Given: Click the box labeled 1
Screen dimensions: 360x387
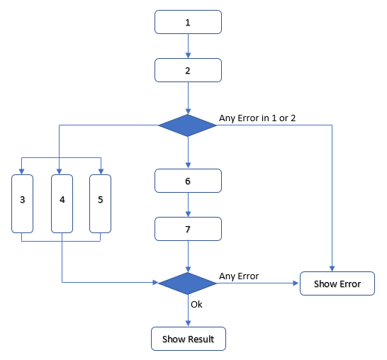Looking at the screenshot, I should (x=188, y=22).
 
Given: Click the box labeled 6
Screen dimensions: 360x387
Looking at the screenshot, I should (x=188, y=181).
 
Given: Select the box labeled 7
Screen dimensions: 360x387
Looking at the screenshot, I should (x=188, y=229).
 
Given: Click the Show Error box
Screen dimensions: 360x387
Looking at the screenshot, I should (x=337, y=283).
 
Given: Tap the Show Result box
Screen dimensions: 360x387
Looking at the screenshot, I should (x=188, y=339).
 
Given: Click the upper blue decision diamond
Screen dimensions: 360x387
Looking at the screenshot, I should (x=188, y=125).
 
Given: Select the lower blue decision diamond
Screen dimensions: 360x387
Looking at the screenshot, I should (x=188, y=283).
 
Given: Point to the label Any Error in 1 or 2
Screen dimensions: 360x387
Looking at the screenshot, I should (x=257, y=118).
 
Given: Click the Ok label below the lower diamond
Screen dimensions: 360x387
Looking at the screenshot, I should (x=197, y=305).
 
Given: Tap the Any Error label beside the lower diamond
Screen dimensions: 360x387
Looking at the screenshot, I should (x=239, y=276).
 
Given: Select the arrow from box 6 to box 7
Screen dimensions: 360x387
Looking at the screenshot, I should (x=188, y=205).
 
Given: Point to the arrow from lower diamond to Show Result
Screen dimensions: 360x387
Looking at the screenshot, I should (x=188, y=312).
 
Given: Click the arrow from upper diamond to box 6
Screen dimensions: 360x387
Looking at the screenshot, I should (x=188, y=152).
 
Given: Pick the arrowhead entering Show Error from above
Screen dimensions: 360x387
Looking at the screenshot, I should (x=332, y=268).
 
